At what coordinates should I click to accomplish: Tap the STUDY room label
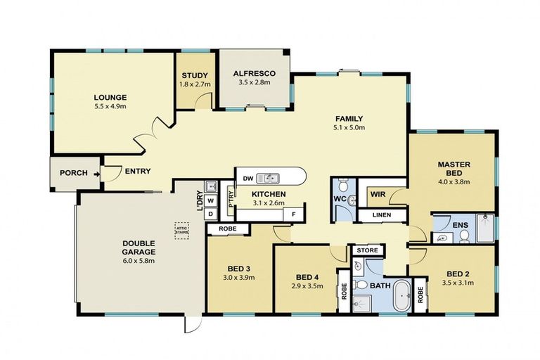[193, 76]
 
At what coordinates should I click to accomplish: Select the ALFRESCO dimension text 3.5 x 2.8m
[253, 83]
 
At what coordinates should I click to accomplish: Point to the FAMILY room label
[349, 118]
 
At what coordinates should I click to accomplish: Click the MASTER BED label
[454, 169]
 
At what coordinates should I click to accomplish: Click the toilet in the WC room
[342, 187]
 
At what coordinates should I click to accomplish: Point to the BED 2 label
[458, 274]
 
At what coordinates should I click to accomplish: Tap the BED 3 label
[239, 269]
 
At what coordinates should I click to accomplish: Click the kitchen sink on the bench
[268, 179]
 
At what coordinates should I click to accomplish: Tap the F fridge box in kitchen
[294, 214]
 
